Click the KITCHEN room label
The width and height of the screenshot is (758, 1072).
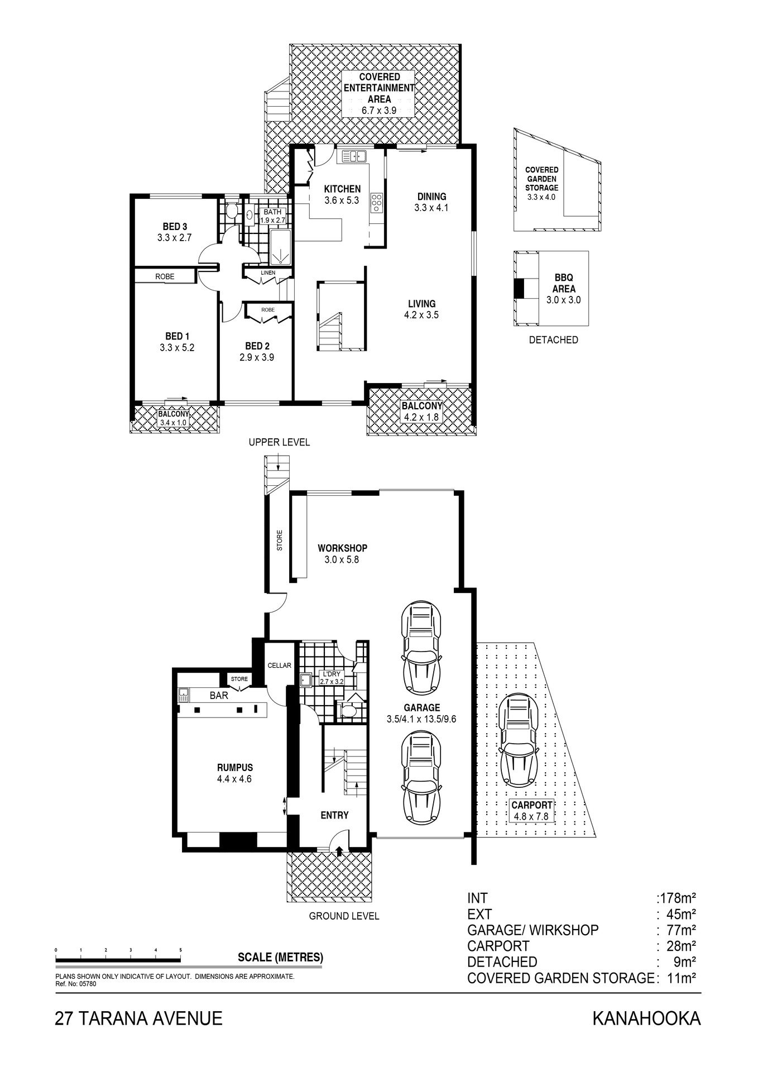click(342, 189)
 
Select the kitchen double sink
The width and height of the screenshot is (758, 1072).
click(353, 156)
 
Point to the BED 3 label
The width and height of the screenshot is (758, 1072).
click(175, 227)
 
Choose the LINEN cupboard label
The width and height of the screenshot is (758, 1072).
click(268, 272)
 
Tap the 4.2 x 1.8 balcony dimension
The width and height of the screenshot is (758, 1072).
click(421, 417)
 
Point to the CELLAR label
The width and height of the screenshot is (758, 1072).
click(279, 666)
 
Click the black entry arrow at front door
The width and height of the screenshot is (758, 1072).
click(339, 850)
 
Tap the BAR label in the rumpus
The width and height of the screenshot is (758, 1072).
click(219, 696)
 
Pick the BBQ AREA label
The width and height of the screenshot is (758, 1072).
click(564, 283)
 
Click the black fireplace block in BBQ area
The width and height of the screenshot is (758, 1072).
click(519, 289)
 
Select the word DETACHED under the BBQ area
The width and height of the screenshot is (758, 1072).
click(553, 340)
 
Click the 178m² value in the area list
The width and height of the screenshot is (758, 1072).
click(677, 898)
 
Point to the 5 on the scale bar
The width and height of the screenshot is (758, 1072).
click(180, 950)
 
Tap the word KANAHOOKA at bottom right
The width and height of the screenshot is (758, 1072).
click(646, 1019)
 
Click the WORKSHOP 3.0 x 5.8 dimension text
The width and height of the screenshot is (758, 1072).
click(342, 559)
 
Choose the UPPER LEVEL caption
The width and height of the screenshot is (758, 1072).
click(279, 442)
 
